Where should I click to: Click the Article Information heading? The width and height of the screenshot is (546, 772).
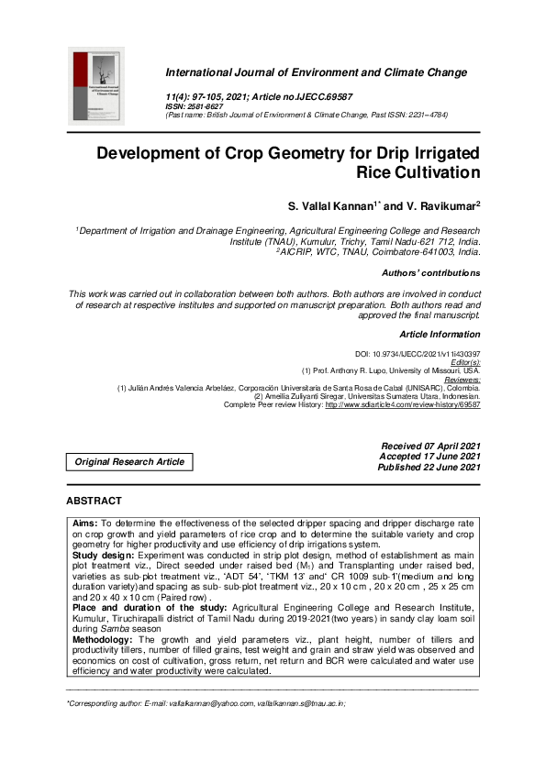[440, 334]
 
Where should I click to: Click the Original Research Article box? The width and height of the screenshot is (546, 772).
[129, 462]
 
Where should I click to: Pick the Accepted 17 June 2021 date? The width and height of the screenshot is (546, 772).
[429, 457]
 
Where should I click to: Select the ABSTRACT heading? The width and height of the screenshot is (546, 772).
[94, 502]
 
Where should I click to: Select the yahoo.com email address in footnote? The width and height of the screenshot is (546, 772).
[204, 704]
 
